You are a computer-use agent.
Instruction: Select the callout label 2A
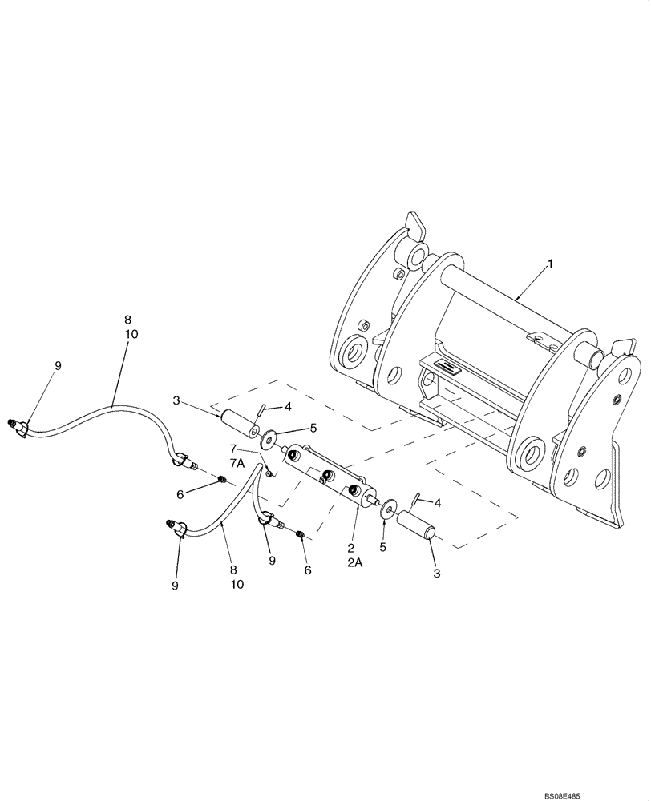click(355, 563)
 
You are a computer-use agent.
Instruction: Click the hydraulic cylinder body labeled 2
click(329, 480)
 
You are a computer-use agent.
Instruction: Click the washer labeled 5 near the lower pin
click(388, 509)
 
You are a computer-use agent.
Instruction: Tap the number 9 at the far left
click(57, 365)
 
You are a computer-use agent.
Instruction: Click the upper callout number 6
click(180, 495)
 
